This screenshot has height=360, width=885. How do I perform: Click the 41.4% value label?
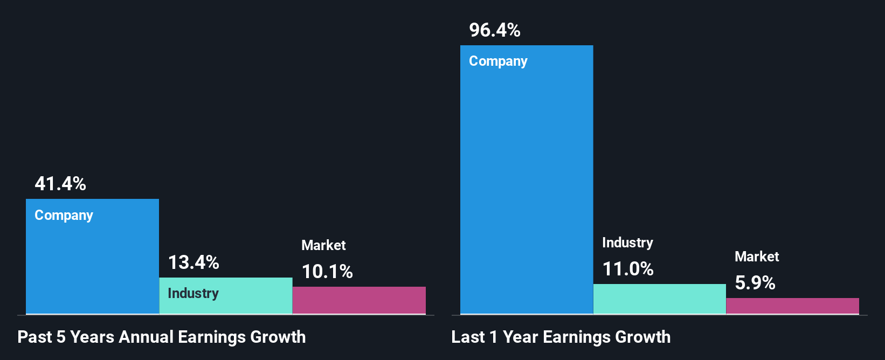tap(60, 184)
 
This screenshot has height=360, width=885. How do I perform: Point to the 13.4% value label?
tap(193, 262)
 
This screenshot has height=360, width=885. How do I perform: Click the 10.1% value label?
tap(327, 272)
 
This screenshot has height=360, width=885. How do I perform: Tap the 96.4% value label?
tap(495, 30)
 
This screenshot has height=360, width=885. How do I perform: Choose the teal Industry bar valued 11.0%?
tap(659, 299)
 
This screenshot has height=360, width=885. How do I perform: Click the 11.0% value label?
tap(628, 269)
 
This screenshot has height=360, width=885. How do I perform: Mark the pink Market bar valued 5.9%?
tap(792, 306)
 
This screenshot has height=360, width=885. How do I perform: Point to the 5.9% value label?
tap(755, 283)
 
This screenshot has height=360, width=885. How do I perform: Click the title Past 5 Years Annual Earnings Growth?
tap(162, 337)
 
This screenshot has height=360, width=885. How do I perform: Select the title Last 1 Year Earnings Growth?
tap(561, 337)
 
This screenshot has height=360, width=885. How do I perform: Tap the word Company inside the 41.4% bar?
tap(64, 216)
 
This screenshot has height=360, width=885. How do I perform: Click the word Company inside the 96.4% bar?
tap(498, 61)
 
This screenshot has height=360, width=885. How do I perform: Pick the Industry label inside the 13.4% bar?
tap(193, 294)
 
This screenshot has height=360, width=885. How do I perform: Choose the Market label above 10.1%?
tap(323, 245)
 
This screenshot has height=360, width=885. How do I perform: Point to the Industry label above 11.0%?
tap(627, 243)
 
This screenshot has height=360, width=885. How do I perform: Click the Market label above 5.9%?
tap(757, 257)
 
